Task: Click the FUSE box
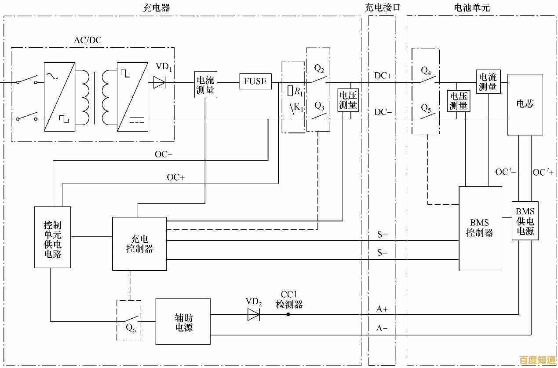(255, 81)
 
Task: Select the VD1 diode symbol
(159, 82)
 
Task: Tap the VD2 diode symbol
(253, 315)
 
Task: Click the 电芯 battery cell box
(525, 104)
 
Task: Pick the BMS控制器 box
(480, 228)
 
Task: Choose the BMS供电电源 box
(525, 221)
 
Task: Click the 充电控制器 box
(140, 243)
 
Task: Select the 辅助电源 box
(183, 322)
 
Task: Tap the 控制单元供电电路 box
(53, 237)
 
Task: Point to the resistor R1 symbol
(290, 91)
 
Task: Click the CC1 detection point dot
(288, 314)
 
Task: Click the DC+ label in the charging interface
(383, 75)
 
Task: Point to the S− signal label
(382, 253)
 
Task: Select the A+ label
(382, 309)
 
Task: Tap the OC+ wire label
(176, 177)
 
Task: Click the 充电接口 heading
(383, 7)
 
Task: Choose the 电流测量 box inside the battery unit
(488, 82)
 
